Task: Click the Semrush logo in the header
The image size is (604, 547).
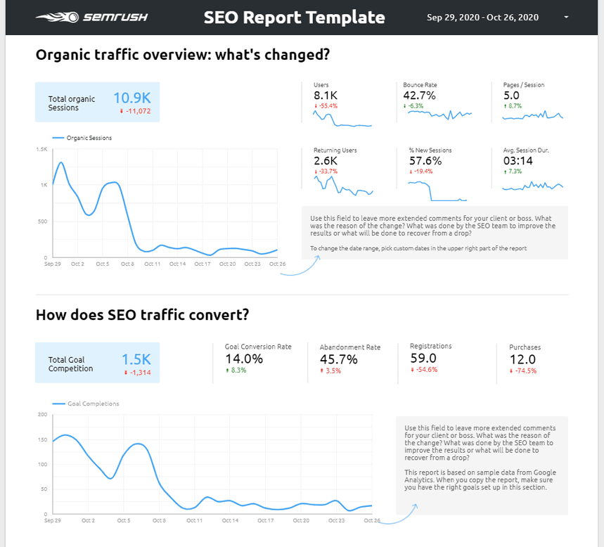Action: (x=91, y=18)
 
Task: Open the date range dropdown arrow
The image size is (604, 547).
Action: (x=566, y=18)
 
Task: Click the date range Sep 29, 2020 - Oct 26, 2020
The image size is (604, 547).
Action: (x=482, y=18)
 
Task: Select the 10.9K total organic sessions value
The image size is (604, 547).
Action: (x=136, y=98)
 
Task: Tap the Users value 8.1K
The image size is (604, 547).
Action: (x=326, y=95)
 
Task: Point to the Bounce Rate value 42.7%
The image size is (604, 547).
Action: (x=419, y=95)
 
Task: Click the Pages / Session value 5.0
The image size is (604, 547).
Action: (x=511, y=95)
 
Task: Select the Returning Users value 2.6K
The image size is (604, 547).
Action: (x=326, y=160)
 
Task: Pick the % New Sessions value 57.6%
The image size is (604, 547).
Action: (x=425, y=160)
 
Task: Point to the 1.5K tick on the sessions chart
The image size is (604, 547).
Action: (x=42, y=149)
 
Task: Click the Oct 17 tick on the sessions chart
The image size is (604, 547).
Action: (x=203, y=264)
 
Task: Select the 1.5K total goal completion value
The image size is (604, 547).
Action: (x=136, y=360)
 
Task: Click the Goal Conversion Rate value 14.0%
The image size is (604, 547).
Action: (x=243, y=359)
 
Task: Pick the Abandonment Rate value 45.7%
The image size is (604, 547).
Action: (x=338, y=359)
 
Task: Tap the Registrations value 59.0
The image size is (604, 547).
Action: (x=424, y=358)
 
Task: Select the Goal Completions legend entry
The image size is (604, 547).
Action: (x=94, y=404)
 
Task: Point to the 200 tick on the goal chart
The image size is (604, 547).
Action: (x=41, y=414)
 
